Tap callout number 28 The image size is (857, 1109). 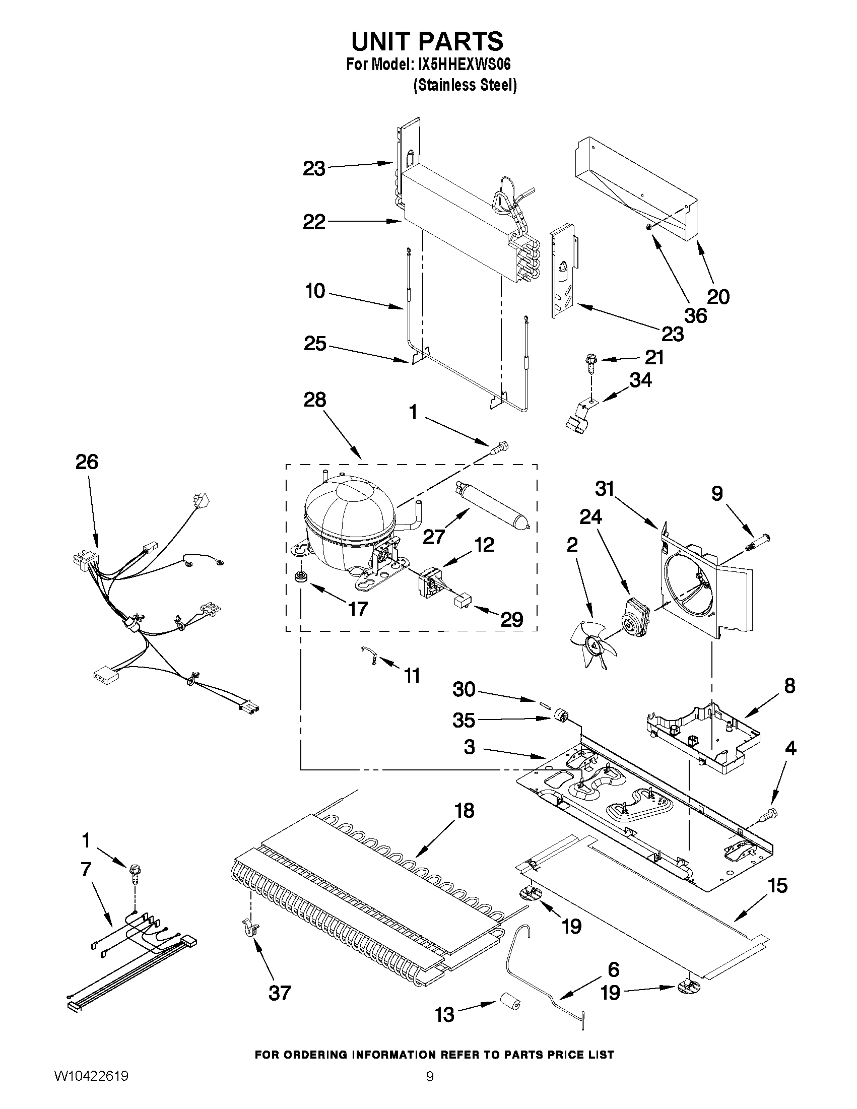[x=314, y=400]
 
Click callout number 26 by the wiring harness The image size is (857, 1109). [x=87, y=462]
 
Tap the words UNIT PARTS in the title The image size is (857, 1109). [x=427, y=41]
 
